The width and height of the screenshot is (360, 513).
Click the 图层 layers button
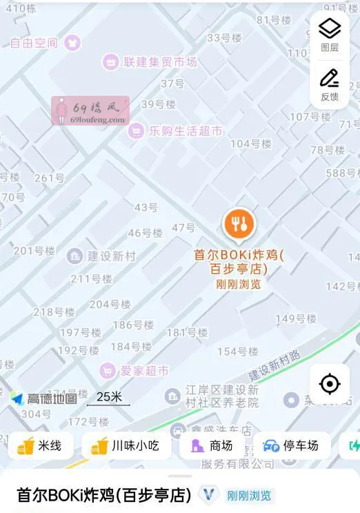coord(330,34)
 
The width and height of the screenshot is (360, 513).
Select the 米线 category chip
coord(40,446)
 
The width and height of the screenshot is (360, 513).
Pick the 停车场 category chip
coord(291,446)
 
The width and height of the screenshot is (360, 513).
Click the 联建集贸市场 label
coord(159,62)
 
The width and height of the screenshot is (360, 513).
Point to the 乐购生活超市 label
coord(185,131)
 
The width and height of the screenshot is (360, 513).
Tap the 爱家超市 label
coord(144,370)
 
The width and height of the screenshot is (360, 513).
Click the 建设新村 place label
coord(111,256)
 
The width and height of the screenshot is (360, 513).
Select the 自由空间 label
coord(34,43)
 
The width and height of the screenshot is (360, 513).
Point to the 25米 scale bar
coord(109,399)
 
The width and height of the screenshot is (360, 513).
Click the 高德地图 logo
coord(44,399)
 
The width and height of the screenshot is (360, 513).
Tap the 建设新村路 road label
coord(275,365)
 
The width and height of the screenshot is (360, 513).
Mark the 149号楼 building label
coord(296,319)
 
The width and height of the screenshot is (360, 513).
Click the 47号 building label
coord(183,228)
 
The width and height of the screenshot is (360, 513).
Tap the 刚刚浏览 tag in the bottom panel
coord(249,495)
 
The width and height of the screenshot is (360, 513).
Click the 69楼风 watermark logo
coord(90,110)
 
